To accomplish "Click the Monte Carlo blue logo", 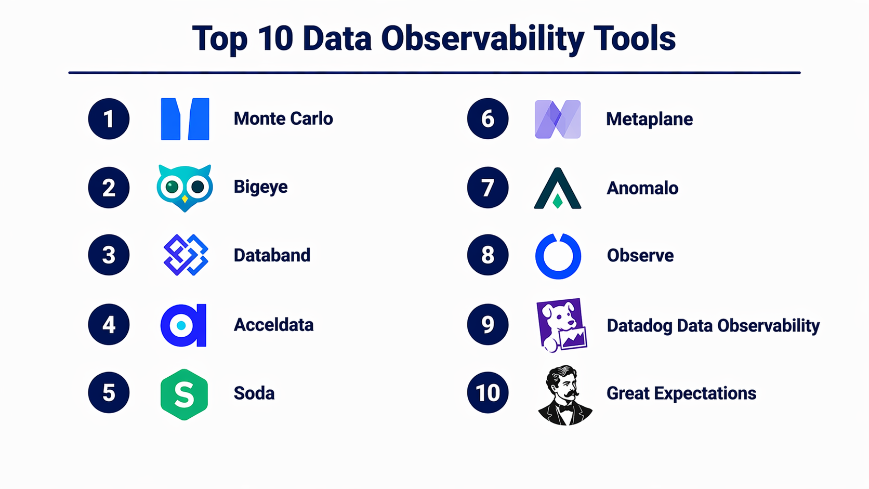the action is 185,118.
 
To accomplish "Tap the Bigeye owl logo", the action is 185,188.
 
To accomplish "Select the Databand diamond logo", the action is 186,255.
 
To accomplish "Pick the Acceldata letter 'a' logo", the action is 183,325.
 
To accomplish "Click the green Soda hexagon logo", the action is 185,394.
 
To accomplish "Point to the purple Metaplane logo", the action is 558,119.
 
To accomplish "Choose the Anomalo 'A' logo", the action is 558,188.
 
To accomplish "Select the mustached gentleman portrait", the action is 565,395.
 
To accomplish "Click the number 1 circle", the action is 109,118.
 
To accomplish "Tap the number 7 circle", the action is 488,188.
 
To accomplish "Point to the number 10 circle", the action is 488,392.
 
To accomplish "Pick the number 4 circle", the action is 109,325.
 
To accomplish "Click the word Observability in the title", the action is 483,39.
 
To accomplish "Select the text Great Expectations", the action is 681,393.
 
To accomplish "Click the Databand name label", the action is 272,255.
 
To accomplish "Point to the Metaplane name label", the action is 650,119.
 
